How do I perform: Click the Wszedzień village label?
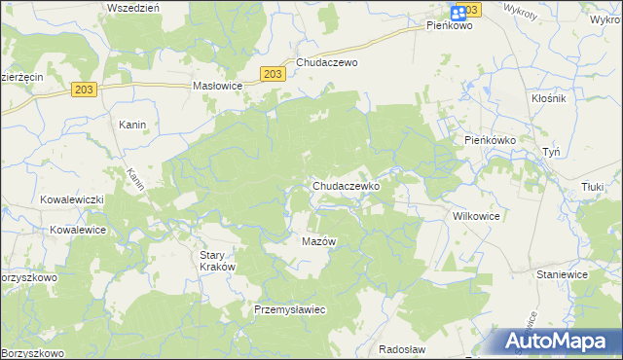(x=133, y=7)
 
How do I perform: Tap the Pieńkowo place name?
(x=449, y=26)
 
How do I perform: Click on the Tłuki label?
(x=594, y=187)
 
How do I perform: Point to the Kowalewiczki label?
(x=71, y=198)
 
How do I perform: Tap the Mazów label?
(x=318, y=241)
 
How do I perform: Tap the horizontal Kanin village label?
(x=132, y=125)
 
